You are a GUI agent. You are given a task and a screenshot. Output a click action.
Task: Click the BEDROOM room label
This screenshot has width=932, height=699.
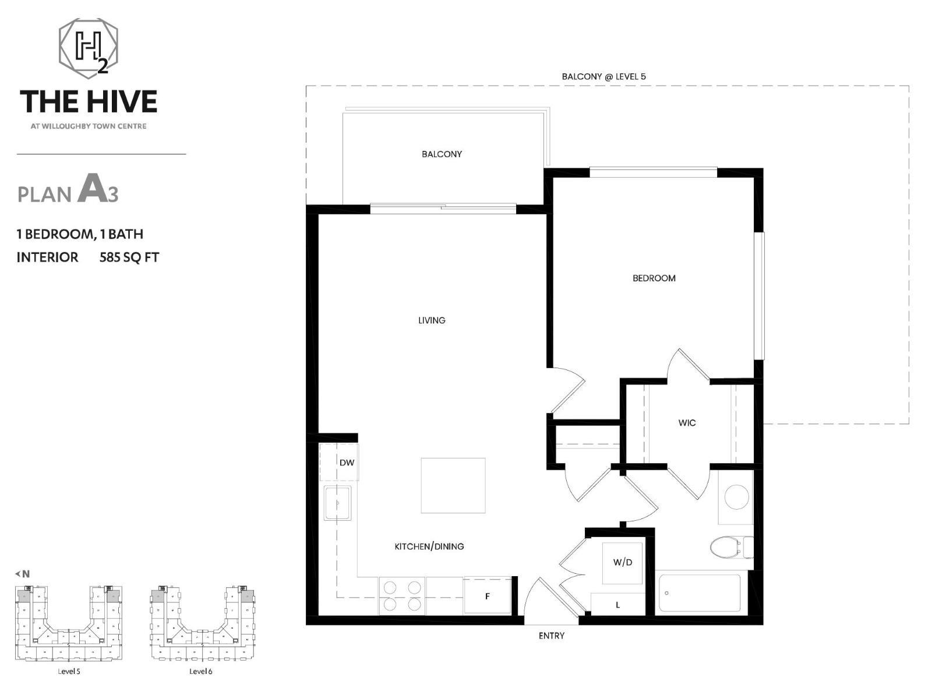click(x=654, y=278)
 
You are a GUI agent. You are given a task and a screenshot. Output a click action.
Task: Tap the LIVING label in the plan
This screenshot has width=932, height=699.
click(x=432, y=320)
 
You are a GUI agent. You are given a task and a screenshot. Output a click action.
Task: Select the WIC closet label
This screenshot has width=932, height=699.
click(x=687, y=423)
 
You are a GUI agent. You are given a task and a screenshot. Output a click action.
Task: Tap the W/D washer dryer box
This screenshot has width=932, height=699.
click(x=623, y=563)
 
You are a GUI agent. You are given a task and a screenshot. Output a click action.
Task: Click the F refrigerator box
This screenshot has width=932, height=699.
click(x=488, y=596)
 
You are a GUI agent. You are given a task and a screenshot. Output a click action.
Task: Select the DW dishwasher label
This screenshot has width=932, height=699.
click(x=347, y=463)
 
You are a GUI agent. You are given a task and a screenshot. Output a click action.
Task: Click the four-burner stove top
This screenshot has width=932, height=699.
click(x=402, y=595)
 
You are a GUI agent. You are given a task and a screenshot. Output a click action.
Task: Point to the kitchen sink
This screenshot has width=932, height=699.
click(x=338, y=503)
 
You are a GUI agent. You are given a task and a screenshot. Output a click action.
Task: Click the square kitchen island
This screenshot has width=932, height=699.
click(x=453, y=485)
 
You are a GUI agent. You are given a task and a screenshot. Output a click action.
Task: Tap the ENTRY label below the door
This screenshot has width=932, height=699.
click(x=551, y=636)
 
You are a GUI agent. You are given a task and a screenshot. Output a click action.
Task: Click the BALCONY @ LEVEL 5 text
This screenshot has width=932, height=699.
click(x=603, y=76)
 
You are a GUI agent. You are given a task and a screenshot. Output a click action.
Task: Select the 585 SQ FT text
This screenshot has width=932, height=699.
click(x=129, y=257)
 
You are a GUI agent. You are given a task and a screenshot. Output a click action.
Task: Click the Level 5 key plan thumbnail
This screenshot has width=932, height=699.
click(x=69, y=623)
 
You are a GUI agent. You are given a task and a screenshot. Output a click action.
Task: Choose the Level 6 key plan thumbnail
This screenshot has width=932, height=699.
click(x=202, y=623)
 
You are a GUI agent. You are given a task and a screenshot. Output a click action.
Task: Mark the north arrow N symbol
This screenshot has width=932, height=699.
click(x=23, y=574)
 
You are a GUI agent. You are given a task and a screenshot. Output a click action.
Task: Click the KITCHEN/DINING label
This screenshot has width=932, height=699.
click(x=429, y=546)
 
